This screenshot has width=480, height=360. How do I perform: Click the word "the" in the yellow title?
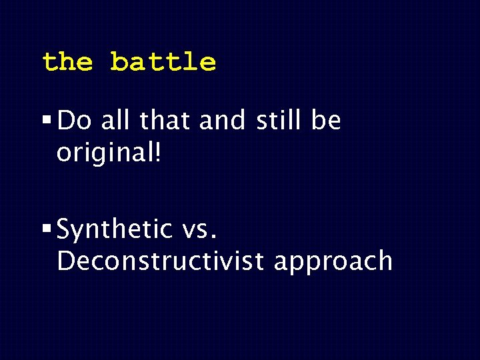[67, 62]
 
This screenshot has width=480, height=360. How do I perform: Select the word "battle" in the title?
[163, 62]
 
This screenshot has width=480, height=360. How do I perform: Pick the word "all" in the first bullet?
[117, 121]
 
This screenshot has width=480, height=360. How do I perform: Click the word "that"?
[163, 121]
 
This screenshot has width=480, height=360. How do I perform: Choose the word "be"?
[326, 121]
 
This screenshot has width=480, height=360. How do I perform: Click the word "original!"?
[109, 153]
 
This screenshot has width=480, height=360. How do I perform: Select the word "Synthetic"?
[115, 230]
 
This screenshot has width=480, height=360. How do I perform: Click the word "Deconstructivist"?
[161, 261]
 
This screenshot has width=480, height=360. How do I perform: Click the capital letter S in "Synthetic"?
[65, 230]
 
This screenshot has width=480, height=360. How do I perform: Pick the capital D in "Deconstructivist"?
[66, 261]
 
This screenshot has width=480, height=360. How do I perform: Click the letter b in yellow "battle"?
[119, 61]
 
